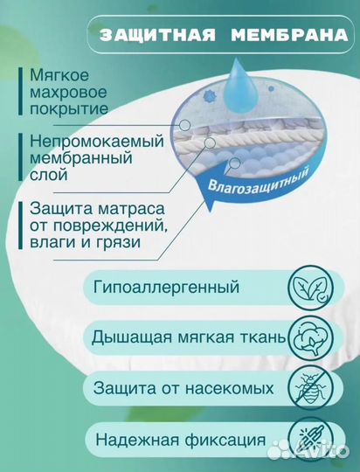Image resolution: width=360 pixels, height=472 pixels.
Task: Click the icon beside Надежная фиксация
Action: pyautogui.click(x=309, y=437)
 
